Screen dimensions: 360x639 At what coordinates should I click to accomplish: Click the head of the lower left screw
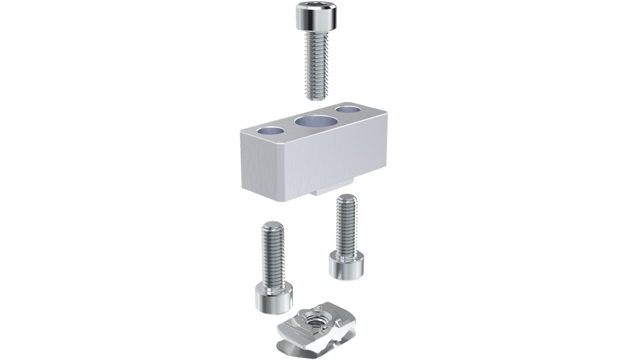[272, 298]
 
